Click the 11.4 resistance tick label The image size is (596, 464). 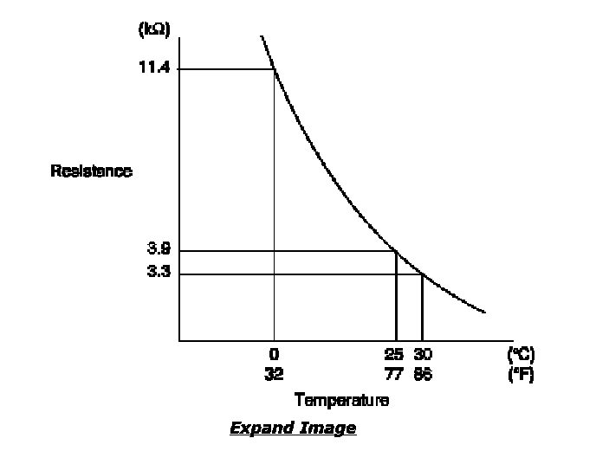coord(153,68)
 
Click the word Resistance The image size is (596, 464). coord(91,171)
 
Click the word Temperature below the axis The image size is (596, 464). coord(341,400)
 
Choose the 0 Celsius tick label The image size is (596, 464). coord(274,354)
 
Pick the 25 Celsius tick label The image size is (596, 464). coord(394,354)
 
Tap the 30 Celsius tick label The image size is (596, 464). coord(423,354)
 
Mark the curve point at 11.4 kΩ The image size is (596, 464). coord(275,69)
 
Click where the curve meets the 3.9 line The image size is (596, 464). coord(396,251)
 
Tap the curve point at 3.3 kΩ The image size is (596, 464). coord(422,274)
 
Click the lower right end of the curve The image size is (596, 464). coord(484,312)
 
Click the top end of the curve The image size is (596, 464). coord(261,37)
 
